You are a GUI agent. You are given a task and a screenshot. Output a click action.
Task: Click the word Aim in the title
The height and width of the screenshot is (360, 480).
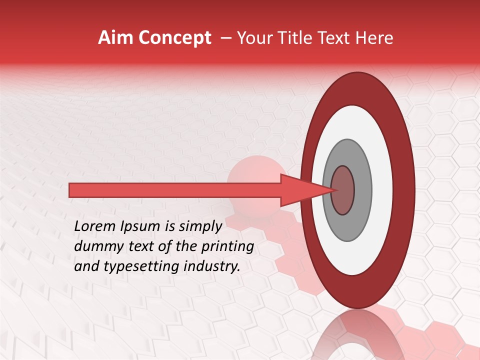coord(116,38)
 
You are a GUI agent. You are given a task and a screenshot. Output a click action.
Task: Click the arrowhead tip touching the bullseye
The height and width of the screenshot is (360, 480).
coord(334,190)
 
